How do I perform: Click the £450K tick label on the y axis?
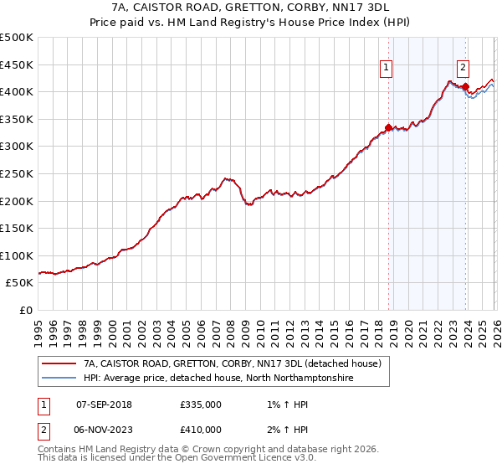coord(17,64)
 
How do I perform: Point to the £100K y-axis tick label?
coord(17,255)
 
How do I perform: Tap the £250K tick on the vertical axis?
coord(17,173)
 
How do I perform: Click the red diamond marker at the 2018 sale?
coord(388,127)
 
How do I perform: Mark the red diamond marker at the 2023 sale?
coord(465,85)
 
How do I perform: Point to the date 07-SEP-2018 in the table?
coord(104,405)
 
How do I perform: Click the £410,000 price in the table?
coord(200,429)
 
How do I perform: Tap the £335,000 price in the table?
coord(200,405)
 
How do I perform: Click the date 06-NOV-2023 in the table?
coord(104,429)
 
